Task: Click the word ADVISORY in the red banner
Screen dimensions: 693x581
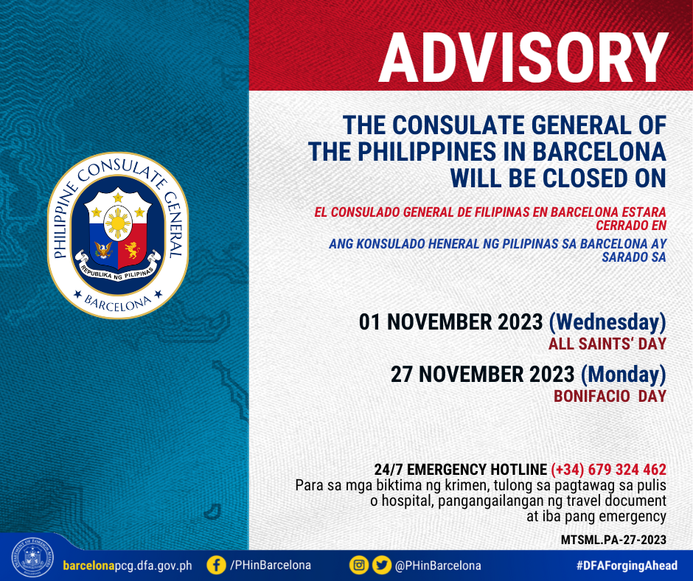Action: click(523, 58)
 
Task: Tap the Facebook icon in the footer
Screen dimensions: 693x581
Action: click(216, 565)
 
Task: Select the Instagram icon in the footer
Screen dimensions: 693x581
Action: click(358, 565)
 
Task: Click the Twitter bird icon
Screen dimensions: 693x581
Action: click(381, 565)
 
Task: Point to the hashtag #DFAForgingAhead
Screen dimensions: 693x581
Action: click(627, 565)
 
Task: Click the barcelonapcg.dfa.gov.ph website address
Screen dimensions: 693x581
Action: click(128, 566)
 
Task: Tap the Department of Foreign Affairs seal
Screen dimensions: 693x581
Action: click(32, 558)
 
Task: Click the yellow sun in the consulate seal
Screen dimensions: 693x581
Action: click(117, 223)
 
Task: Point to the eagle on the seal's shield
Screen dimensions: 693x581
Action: click(103, 250)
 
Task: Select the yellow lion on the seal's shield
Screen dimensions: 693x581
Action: click(132, 250)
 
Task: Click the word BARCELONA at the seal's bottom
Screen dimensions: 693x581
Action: click(117, 303)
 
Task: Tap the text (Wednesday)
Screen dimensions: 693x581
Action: click(607, 322)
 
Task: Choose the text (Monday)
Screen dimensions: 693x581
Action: click(623, 375)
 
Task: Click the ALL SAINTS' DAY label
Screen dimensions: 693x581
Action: click(607, 344)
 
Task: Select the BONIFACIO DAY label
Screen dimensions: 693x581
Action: click(610, 396)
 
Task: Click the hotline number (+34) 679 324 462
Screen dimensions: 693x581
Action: click(608, 470)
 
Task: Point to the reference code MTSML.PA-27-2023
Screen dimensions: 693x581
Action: click(613, 540)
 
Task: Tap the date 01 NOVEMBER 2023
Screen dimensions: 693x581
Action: click(450, 322)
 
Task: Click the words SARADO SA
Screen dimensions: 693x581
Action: click(634, 257)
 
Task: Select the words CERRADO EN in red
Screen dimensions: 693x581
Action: click(630, 226)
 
